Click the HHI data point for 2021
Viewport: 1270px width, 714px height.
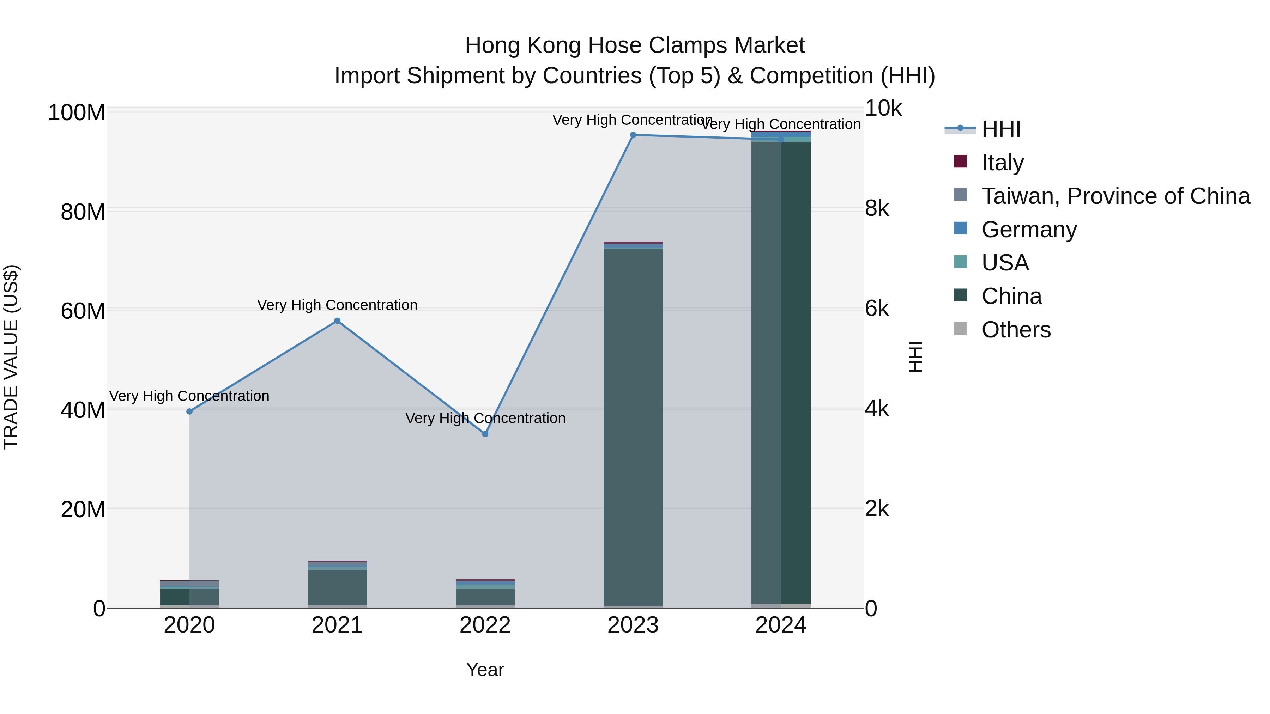337,321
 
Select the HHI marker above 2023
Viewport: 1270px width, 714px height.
633,135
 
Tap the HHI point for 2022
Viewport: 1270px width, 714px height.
485,434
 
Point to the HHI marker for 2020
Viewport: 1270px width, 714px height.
189,411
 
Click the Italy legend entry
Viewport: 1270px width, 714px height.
1002,163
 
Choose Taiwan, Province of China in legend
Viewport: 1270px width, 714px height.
1115,196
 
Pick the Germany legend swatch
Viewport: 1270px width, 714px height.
960,228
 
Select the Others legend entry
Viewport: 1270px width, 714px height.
1016,330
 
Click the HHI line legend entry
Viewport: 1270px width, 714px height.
1000,129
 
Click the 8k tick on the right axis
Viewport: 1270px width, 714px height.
877,208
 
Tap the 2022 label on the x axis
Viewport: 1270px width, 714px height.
485,625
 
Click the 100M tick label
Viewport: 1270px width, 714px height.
77,113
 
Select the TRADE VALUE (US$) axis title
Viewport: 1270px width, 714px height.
11,357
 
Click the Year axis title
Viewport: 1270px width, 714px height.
485,670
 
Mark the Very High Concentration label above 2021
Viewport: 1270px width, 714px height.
337,305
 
